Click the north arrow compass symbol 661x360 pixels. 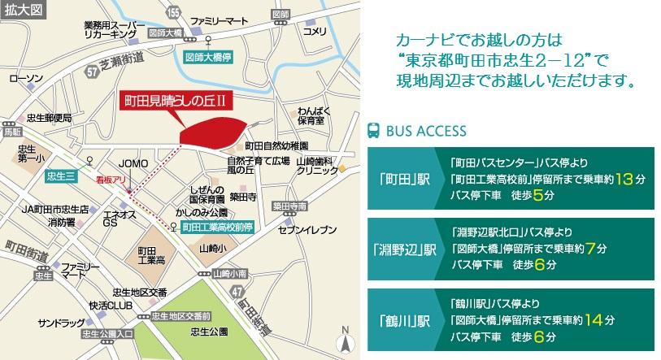[346, 340]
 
